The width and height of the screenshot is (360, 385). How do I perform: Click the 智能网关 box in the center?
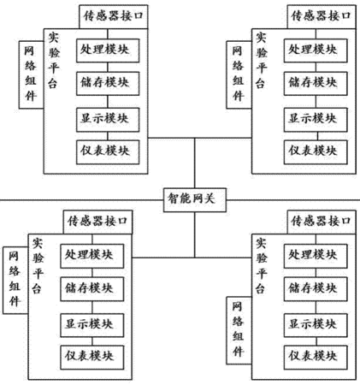pos(195,199)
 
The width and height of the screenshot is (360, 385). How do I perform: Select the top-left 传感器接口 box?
pos(114,16)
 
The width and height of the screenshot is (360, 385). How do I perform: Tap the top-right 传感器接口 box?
pos(322,16)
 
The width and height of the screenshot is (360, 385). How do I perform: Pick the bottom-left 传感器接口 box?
pos(97,222)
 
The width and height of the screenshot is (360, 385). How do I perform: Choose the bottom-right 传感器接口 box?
pos(322,222)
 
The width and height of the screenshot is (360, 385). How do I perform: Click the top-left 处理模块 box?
pos(108,50)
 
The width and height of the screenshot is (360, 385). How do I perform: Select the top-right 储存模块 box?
pos(316,84)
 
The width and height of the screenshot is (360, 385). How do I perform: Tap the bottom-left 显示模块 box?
pos(92,325)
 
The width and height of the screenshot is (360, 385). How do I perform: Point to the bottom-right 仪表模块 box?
pos(316,358)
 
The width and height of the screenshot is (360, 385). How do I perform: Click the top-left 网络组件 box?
pos(31,74)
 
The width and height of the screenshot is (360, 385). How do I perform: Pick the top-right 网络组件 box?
pos(239,74)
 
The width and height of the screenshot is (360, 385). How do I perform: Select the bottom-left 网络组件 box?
pos(15,281)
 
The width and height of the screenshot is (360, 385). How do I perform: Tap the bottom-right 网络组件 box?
pos(239,330)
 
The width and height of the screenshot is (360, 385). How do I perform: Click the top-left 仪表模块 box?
pos(108,152)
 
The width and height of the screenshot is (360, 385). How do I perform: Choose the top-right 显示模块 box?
pos(316,120)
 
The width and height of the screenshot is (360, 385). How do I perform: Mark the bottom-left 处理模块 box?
pos(92,256)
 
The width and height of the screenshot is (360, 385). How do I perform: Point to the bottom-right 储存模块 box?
pos(316,289)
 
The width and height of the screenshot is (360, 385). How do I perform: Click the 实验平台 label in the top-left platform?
pos(54,61)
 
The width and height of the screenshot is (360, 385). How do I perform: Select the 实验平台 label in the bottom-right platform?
pos(261,266)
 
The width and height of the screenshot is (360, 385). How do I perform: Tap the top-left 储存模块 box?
pos(108,84)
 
